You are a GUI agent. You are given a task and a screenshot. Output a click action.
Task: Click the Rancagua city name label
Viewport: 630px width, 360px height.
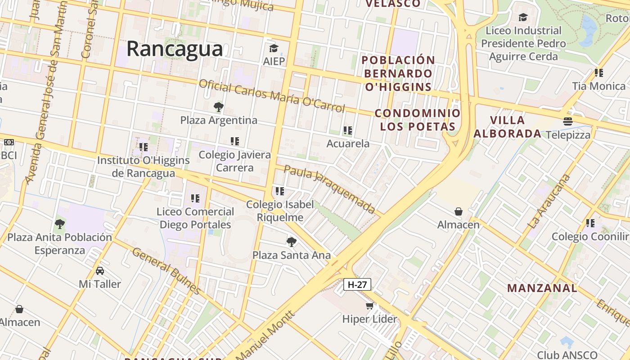tap(175, 49)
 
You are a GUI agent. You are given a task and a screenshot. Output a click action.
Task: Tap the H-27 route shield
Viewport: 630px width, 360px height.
tap(357, 284)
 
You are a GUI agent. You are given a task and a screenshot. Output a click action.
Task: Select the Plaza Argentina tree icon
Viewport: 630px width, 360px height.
tap(219, 107)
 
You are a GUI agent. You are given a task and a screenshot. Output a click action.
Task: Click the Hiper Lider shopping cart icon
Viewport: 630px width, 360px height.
tap(369, 306)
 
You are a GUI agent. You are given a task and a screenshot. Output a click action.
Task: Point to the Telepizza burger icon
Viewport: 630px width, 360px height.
tap(568, 121)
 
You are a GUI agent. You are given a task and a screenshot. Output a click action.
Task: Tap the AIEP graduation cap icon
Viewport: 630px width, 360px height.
tap(274, 48)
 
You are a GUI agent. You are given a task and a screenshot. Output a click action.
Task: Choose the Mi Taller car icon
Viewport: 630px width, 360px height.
tap(100, 271)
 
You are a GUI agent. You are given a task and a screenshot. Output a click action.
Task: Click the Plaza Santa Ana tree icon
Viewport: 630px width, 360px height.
tap(292, 242)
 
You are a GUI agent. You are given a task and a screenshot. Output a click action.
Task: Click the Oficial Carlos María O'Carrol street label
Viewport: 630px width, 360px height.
tap(272, 95)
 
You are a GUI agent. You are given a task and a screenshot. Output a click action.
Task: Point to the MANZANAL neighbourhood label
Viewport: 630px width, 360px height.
tap(542, 288)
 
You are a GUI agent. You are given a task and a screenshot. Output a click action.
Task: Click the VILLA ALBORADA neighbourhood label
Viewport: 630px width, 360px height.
tap(508, 127)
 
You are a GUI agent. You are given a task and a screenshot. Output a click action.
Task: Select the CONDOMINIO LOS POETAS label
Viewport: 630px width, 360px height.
tap(417, 120)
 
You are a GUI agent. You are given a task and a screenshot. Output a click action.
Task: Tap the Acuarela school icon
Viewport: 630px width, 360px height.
tap(347, 130)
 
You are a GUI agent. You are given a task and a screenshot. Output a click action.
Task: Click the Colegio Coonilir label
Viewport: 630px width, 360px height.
tap(590, 237)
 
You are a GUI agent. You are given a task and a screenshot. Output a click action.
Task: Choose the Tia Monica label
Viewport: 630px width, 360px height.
tap(598, 86)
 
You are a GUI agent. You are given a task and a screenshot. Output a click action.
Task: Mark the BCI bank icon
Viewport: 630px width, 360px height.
tap(9, 142)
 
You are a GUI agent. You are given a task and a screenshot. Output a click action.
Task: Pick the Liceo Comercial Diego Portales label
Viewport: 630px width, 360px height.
tap(195, 218)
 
